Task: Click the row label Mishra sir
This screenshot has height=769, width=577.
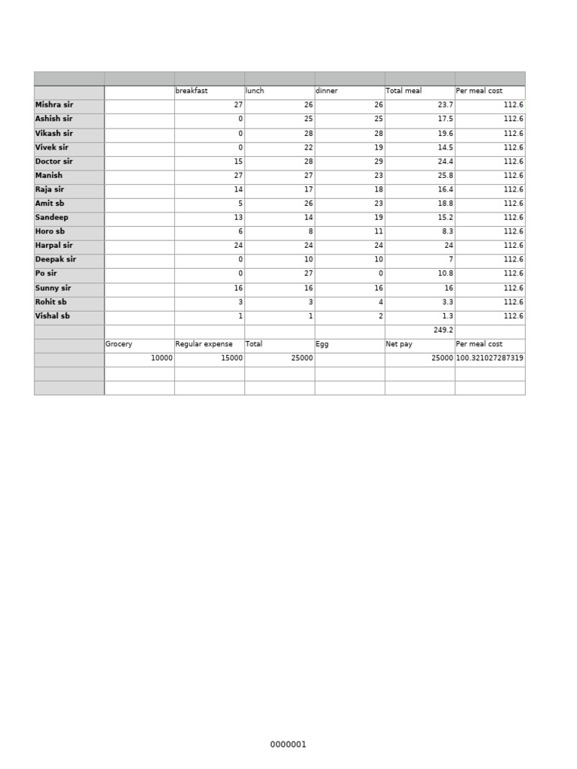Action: click(54, 105)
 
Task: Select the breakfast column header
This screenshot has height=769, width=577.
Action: click(192, 91)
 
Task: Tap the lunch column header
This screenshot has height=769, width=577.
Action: click(255, 91)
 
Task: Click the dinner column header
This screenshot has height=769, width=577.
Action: click(327, 91)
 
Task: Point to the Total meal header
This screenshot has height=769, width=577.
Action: click(403, 91)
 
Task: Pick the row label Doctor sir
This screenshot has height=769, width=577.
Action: click(54, 161)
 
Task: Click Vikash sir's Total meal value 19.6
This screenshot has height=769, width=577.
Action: click(444, 134)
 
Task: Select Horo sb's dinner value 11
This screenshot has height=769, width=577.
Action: click(379, 232)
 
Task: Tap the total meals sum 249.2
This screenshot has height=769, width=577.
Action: click(443, 330)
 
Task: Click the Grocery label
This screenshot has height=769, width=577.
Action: click(119, 344)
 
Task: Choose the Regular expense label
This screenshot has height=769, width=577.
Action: click(204, 344)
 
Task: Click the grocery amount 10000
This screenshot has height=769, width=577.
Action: click(162, 358)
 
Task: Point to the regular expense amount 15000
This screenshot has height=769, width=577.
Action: click(231, 358)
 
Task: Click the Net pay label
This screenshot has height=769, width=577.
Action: click(399, 344)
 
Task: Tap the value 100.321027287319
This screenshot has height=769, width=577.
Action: click(490, 358)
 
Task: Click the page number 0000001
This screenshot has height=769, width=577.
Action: click(288, 745)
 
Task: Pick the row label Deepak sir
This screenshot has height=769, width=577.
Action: click(56, 260)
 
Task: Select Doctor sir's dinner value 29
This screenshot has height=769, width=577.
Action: click(379, 161)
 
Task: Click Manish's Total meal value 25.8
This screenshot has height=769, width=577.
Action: click(444, 176)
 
